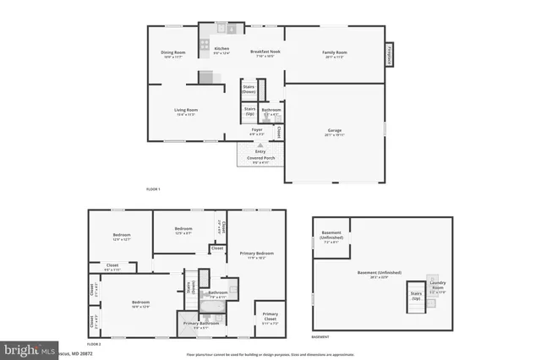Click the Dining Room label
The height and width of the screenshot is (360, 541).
point(172,55)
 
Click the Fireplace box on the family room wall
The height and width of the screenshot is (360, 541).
point(390,53)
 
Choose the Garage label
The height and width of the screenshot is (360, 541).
point(335,132)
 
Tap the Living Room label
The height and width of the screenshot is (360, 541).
point(185,112)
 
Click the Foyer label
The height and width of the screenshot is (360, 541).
point(256,131)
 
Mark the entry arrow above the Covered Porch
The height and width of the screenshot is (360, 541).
point(260,145)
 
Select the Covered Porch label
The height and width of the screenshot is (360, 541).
point(260,159)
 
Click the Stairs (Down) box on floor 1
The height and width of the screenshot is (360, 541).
point(249,89)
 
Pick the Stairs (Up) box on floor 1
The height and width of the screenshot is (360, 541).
point(250,110)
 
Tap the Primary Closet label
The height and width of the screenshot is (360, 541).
point(269,316)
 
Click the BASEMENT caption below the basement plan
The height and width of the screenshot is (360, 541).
point(320,337)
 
